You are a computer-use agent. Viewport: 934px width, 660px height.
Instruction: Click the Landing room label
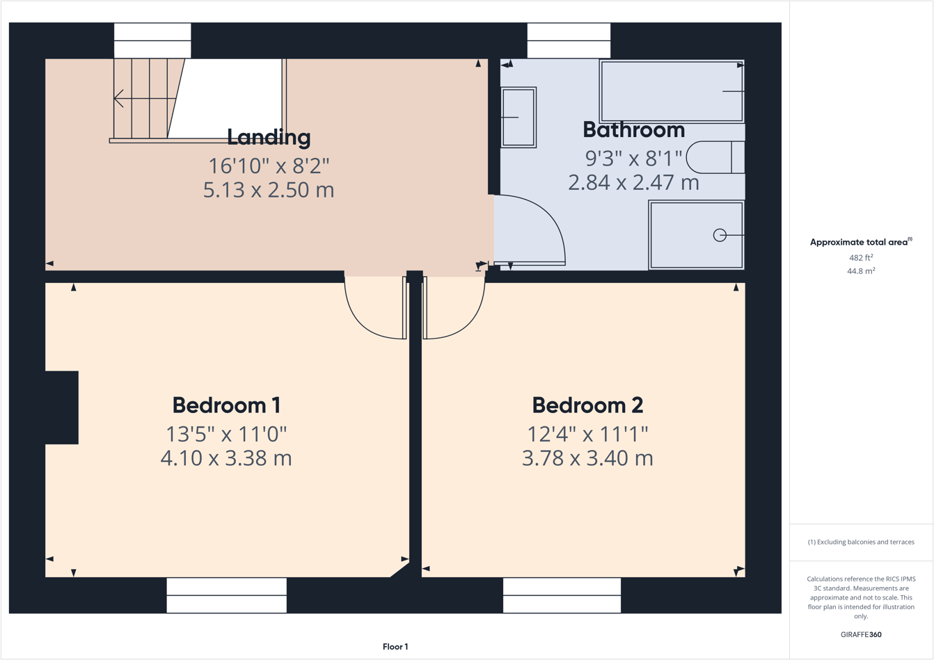269,137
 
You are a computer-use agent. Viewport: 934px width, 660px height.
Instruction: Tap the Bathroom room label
633,130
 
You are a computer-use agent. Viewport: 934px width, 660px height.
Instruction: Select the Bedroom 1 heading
226,405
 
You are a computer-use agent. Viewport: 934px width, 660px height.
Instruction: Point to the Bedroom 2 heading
587,405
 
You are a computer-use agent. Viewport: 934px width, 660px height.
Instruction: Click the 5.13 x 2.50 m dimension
269,189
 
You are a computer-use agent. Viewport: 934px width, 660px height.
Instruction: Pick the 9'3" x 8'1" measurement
633,159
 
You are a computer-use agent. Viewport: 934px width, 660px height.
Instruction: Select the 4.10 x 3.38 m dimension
226,458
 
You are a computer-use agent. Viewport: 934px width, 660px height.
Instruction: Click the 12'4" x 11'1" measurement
587,434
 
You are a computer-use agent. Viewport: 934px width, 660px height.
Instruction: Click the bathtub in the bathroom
671,91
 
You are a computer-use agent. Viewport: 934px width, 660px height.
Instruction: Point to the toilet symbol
715,157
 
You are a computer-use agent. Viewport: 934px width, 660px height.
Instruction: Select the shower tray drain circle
720,235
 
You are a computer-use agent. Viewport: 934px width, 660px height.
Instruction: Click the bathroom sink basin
519,118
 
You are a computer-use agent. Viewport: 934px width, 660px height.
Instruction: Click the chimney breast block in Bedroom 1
62,408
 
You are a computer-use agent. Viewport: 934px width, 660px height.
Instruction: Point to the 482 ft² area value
861,257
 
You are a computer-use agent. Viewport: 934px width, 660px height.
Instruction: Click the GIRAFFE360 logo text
861,634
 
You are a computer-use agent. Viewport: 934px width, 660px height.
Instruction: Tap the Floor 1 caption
395,647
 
